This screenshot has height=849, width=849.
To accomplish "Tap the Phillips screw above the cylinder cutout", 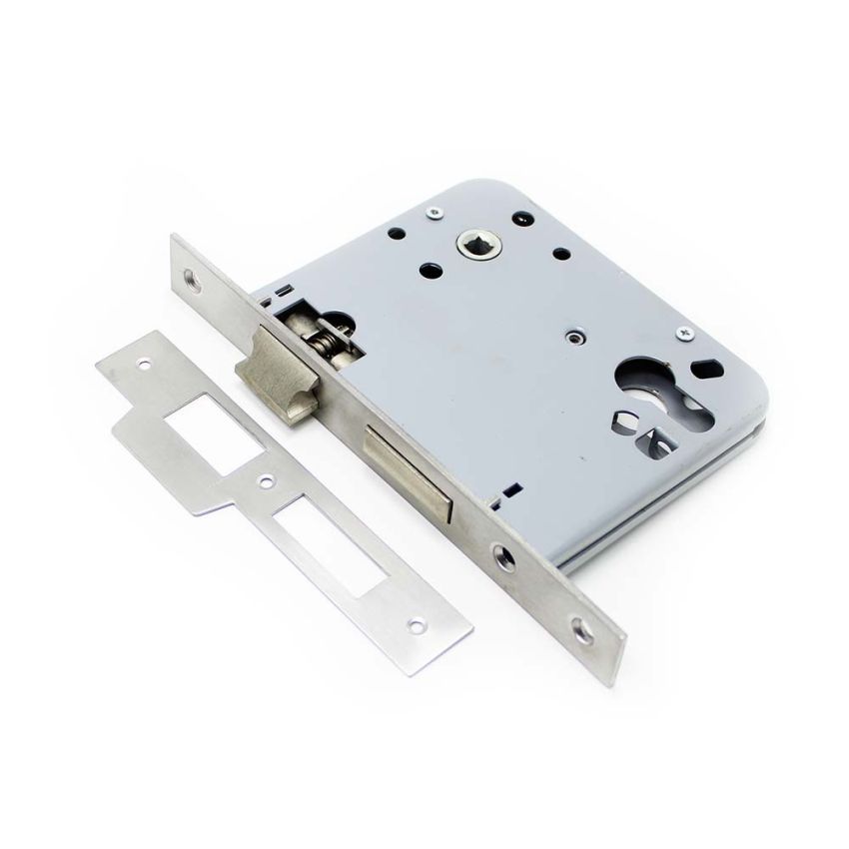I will [x=685, y=332].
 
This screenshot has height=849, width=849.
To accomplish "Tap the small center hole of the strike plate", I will [x=266, y=481].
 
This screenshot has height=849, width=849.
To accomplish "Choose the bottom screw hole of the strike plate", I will [x=418, y=625].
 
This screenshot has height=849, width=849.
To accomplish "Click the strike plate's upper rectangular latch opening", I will [x=205, y=420].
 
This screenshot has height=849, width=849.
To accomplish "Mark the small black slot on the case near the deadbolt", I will [x=510, y=491].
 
